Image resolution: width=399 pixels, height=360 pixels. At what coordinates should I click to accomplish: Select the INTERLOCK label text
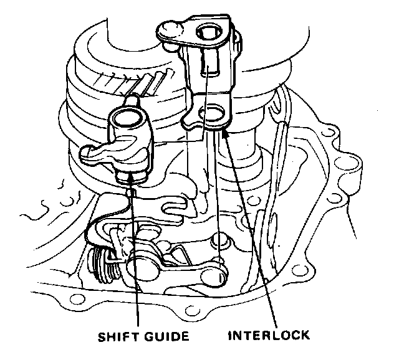[x=269, y=336]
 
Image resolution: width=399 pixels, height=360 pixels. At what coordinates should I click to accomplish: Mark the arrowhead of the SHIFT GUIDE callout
[x=129, y=175]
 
